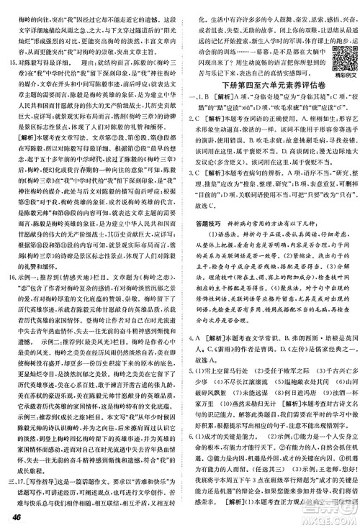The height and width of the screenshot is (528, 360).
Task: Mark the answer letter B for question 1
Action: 215,99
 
